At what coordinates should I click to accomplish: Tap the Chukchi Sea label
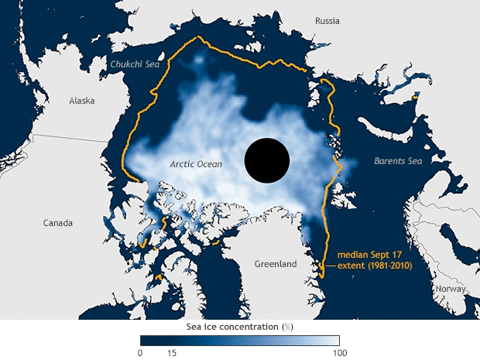point(136,64)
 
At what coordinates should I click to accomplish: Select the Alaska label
point(83,101)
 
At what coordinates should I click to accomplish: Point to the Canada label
point(57,223)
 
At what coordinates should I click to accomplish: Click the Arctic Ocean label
point(196,164)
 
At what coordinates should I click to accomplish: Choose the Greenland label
point(276,264)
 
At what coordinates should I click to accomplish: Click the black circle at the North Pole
point(266,161)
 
